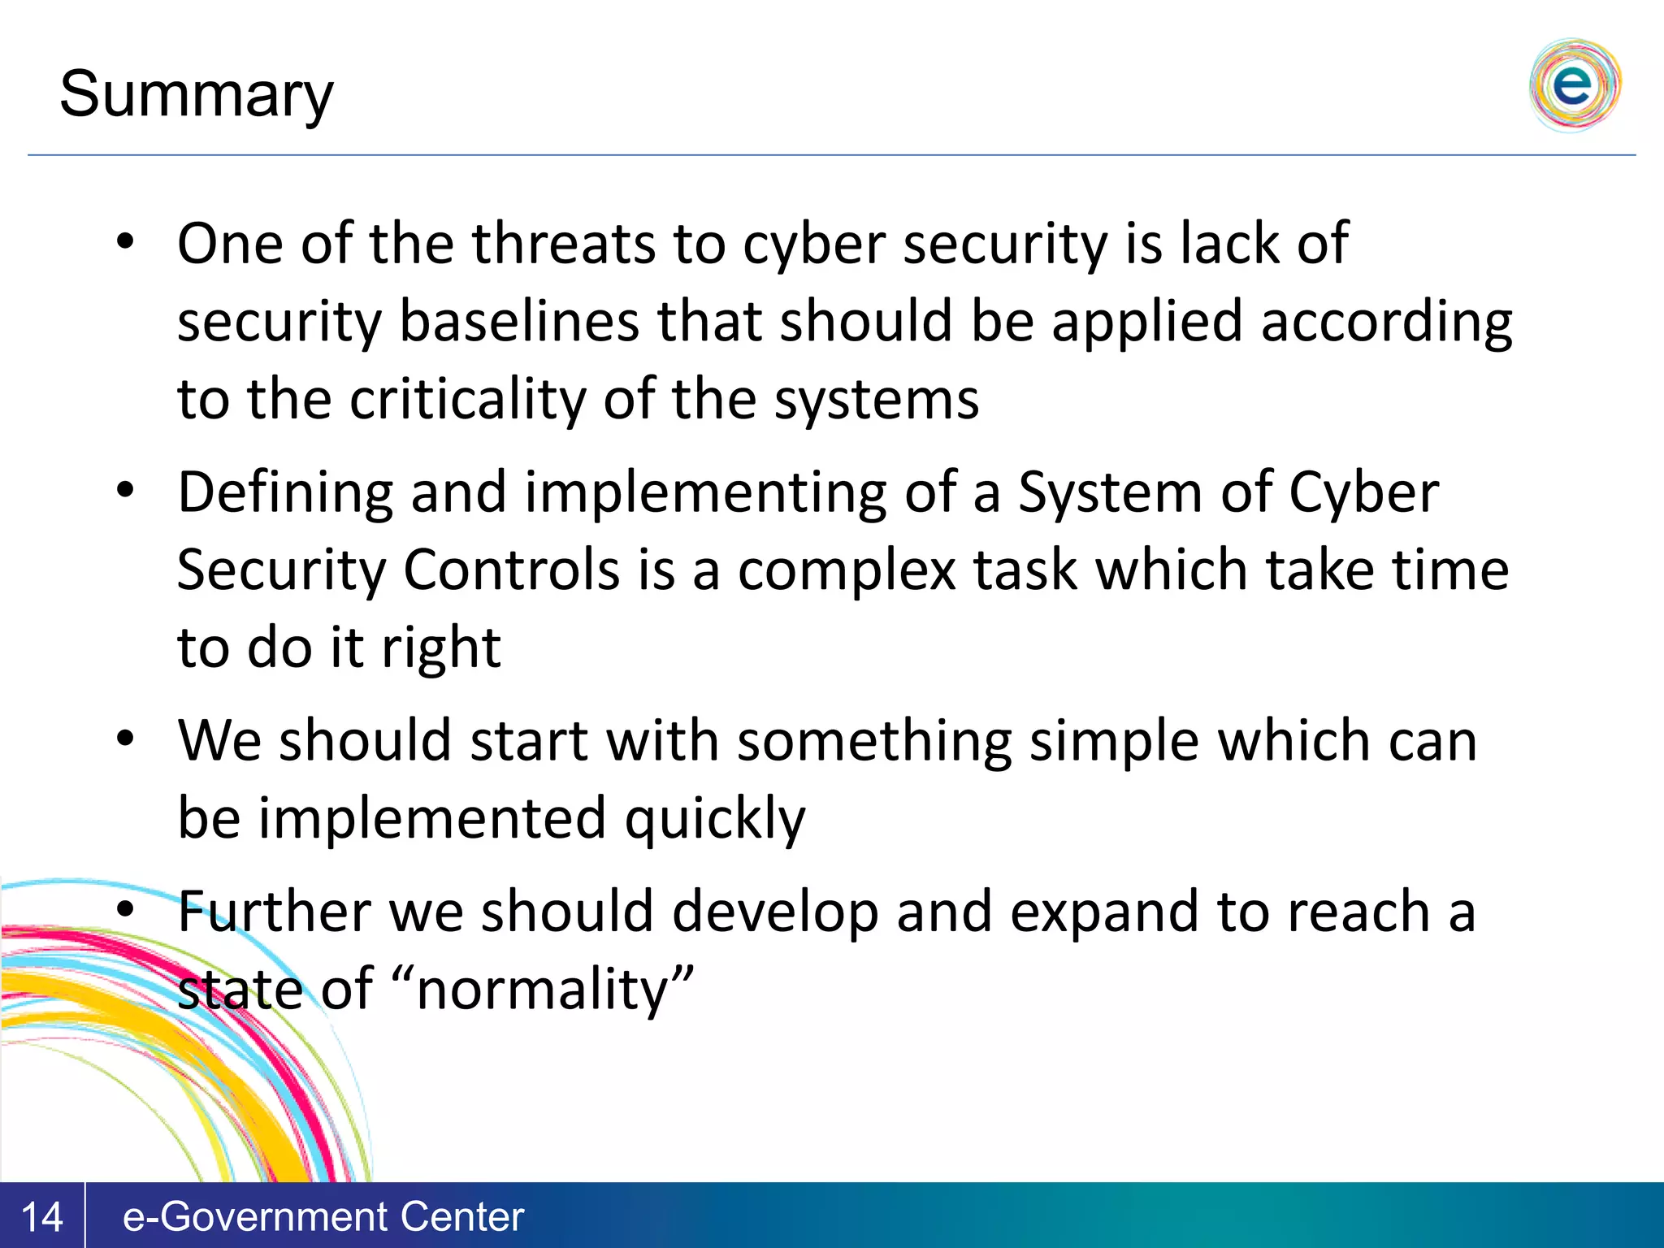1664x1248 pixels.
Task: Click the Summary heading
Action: click(x=196, y=95)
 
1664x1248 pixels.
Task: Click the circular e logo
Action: click(x=1574, y=85)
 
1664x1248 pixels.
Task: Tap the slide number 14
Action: click(x=41, y=1216)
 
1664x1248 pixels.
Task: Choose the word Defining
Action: click(x=284, y=493)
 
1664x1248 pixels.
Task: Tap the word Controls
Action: click(x=512, y=570)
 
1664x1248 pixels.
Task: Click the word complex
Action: click(x=846, y=571)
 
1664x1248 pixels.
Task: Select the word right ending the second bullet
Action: click(x=441, y=648)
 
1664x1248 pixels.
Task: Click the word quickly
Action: click(x=714, y=819)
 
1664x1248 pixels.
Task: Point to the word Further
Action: click(x=274, y=912)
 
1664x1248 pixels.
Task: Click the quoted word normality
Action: click(x=542, y=990)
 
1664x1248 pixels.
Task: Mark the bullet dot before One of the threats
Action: click(x=124, y=241)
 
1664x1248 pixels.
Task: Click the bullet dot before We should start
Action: click(x=124, y=739)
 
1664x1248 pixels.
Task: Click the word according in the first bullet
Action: click(x=1386, y=322)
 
